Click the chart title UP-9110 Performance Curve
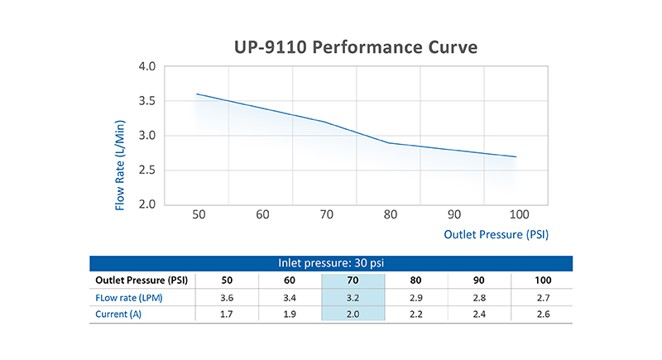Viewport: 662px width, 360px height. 356,47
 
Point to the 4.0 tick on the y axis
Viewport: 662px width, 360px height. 147,66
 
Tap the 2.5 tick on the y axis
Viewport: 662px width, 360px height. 147,170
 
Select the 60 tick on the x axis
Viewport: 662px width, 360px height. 262,214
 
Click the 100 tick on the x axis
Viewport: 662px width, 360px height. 519,214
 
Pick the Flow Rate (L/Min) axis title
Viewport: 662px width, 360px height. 120,165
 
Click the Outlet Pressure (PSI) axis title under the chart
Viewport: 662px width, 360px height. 496,235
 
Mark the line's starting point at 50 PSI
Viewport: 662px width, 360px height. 197,94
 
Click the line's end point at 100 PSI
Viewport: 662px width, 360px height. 516,156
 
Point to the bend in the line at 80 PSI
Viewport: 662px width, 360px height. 388,143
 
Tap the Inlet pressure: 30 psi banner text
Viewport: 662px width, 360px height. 331,263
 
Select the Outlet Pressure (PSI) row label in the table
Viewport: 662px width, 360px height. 142,281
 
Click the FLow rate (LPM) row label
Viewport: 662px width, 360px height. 129,298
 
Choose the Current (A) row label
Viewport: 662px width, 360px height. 118,314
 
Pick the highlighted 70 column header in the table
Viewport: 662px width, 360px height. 353,281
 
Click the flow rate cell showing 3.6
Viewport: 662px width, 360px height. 227,298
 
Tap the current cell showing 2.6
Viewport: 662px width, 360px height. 543,314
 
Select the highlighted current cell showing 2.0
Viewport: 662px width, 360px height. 353,314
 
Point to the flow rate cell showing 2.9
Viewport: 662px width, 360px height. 416,298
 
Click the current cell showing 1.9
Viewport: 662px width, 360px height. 290,314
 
